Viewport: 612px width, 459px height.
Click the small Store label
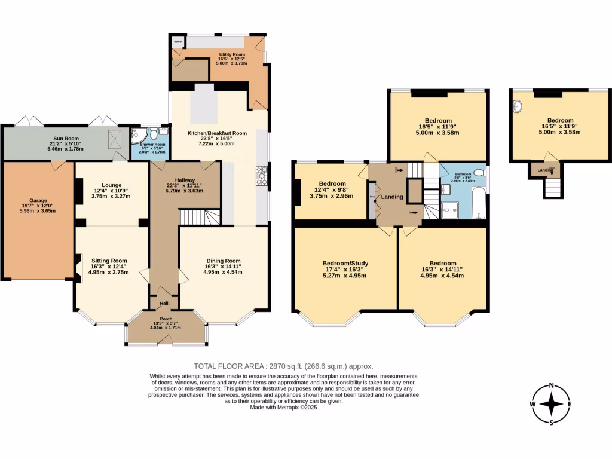point(178,42)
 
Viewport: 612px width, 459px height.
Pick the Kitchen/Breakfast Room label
point(217,133)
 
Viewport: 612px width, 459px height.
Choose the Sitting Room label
point(109,261)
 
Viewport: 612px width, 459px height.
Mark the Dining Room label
point(223,261)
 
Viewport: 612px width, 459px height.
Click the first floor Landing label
point(392,197)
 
